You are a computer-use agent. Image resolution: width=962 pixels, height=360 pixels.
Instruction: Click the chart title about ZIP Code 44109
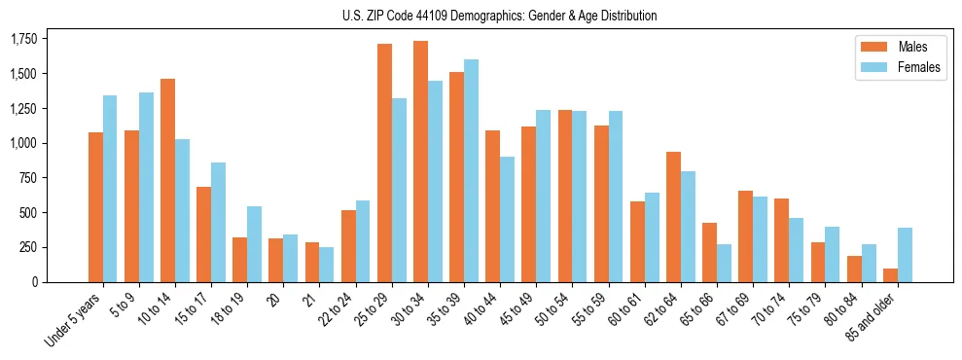coord(499,16)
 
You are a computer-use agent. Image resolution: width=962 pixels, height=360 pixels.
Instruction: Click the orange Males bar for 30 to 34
coord(420,162)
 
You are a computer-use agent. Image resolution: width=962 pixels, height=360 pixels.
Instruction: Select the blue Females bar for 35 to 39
coord(471,171)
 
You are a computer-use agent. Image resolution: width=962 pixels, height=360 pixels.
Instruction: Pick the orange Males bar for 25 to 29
coord(384,162)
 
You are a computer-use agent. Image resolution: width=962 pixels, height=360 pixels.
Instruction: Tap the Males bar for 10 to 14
coord(167,180)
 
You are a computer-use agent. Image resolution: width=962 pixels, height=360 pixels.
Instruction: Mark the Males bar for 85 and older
coord(890,275)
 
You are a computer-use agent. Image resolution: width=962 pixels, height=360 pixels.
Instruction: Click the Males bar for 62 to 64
coord(673,217)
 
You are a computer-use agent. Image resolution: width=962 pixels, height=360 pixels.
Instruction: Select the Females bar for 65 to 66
coord(724,263)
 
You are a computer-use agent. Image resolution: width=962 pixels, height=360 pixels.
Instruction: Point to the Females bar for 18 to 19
coord(254,244)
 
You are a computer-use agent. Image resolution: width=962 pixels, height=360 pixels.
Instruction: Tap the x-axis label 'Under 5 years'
coord(74,321)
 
